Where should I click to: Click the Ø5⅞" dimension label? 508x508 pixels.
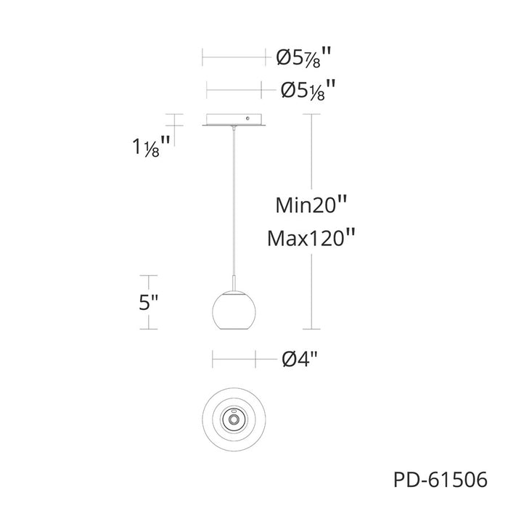click(304, 57)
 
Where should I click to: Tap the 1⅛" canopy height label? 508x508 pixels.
click(151, 147)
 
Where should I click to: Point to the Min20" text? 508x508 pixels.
click(311, 205)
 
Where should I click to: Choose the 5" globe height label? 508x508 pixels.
click(148, 303)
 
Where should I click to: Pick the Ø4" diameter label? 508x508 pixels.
click(300, 359)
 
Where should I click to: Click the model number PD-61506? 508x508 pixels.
click(441, 479)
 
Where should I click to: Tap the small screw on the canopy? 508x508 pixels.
click(247, 118)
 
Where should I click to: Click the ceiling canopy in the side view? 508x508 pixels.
click(234, 120)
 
